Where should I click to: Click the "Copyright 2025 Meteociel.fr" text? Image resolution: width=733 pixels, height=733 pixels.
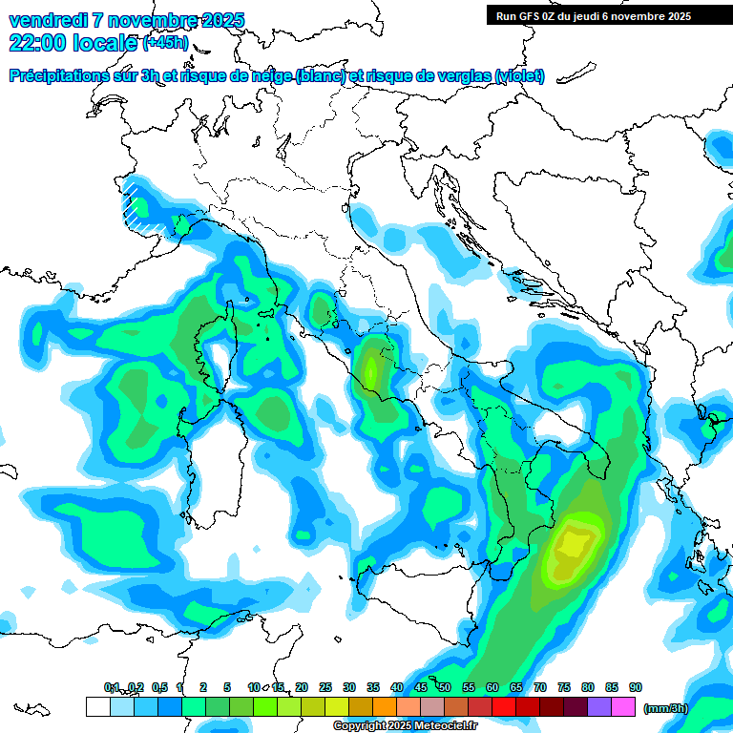click(405, 725)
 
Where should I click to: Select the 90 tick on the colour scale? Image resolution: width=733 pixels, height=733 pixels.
click(636, 688)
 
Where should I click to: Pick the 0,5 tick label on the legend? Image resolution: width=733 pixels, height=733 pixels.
click(159, 688)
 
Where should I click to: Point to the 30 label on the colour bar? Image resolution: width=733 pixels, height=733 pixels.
click(349, 688)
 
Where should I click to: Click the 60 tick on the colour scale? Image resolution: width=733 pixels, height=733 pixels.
click(492, 688)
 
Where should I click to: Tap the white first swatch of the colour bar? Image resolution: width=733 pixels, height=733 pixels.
click(97, 707)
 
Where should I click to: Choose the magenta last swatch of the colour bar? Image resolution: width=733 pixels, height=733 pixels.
click(623, 707)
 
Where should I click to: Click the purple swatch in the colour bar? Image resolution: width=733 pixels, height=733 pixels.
click(599, 707)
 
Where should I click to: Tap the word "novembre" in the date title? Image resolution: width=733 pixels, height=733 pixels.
click(149, 20)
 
